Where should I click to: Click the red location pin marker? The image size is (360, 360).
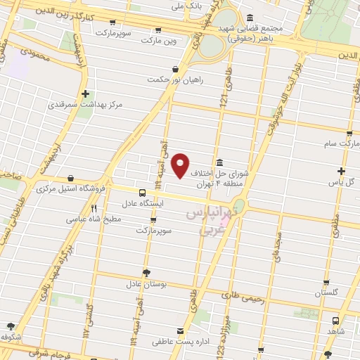point(181,165)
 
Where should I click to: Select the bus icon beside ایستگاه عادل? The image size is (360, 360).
point(142,192)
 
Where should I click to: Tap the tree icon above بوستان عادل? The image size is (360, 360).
point(146,273)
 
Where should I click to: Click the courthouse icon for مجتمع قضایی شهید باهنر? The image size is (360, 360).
point(250,18)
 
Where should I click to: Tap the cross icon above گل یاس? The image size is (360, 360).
point(340,171)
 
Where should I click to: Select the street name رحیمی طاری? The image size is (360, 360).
point(246,298)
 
